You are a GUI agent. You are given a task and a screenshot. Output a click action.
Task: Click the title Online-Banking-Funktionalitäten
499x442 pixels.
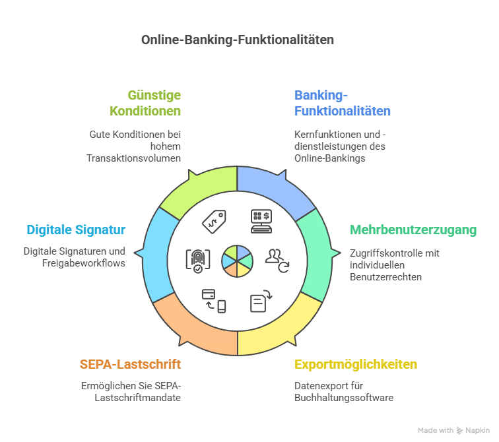pos(238,40)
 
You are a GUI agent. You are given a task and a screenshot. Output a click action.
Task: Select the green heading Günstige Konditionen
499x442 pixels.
pos(154,103)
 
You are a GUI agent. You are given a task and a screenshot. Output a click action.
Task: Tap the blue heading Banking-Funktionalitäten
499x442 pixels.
pos(342,103)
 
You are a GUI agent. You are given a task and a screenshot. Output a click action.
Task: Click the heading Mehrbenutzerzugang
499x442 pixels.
pos(413,230)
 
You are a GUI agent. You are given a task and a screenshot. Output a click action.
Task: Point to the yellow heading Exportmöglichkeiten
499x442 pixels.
pos(356,365)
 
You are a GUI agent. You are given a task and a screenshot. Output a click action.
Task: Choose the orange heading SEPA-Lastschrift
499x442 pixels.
pos(130,365)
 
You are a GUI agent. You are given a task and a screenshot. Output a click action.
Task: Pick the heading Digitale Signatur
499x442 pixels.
pos(76,230)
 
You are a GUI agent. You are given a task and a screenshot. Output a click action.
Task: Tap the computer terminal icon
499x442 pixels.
pos(260,221)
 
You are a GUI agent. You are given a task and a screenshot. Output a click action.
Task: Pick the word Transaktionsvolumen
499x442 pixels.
pos(133,158)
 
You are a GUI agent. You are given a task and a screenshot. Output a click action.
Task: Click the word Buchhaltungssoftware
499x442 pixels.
pos(343,398)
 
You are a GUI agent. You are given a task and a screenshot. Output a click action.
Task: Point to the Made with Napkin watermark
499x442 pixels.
pos(455,430)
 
